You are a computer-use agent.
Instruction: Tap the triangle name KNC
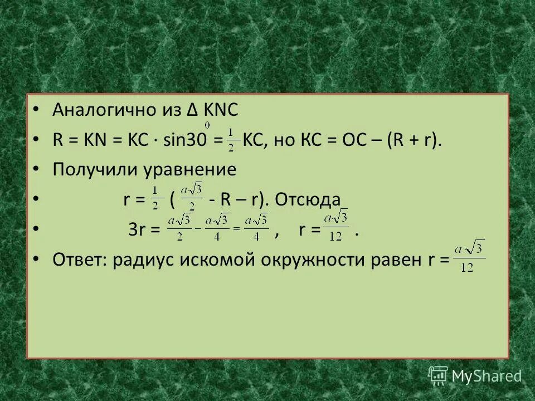(x=220, y=110)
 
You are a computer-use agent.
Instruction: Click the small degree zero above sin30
(x=207, y=124)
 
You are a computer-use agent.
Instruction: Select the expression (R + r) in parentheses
(x=413, y=140)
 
